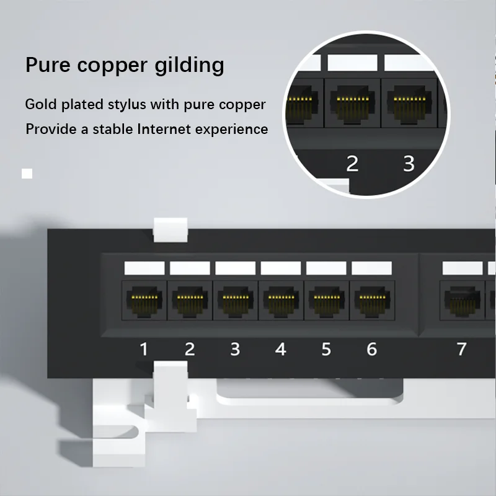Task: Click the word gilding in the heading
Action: click(x=188, y=65)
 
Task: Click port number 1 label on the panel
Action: click(x=144, y=348)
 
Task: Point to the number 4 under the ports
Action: click(x=281, y=348)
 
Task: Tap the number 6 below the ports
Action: click(x=371, y=348)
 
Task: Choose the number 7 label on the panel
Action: click(x=461, y=348)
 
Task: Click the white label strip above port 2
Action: click(x=190, y=268)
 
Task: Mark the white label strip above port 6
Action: click(x=372, y=268)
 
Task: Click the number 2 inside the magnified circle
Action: click(x=352, y=164)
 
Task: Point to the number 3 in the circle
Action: click(x=409, y=164)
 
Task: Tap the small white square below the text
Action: click(x=27, y=174)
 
